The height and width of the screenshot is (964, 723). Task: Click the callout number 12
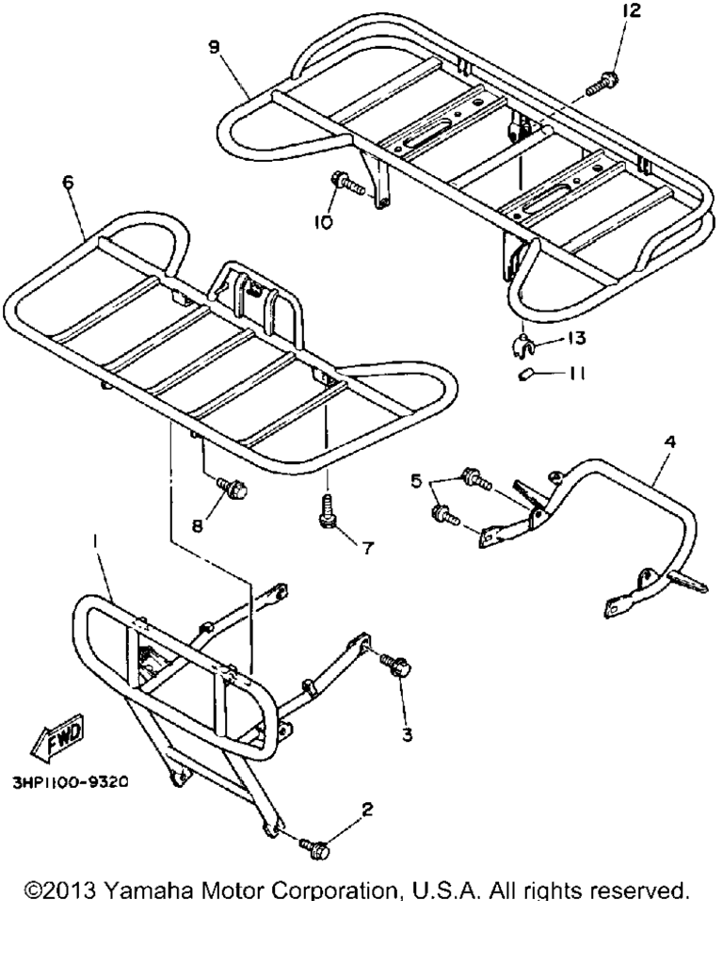(x=632, y=10)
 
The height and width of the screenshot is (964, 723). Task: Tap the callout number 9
(x=214, y=47)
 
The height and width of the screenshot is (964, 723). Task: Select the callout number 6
(x=68, y=182)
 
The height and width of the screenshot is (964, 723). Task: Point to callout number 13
(x=576, y=338)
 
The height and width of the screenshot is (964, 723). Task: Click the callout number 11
(x=576, y=373)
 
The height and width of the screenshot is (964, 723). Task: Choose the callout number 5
(x=416, y=481)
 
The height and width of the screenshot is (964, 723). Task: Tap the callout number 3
(x=407, y=733)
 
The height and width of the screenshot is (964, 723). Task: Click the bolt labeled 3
(x=395, y=666)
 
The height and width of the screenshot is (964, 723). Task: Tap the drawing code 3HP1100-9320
(x=71, y=782)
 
